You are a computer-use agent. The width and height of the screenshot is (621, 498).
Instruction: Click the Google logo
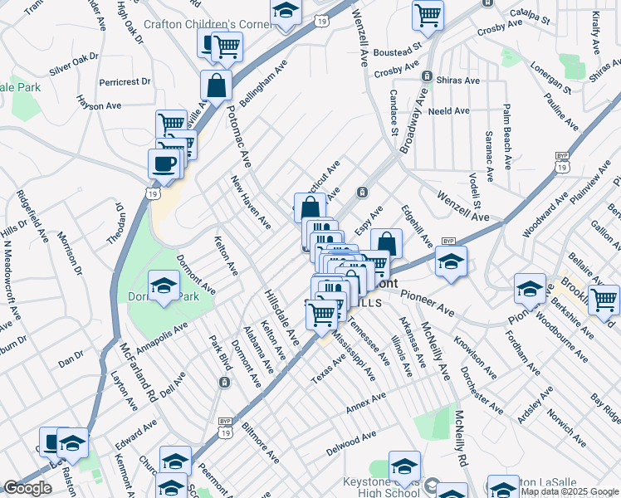point(27,488)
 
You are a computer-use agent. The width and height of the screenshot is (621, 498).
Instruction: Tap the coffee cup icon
point(164,162)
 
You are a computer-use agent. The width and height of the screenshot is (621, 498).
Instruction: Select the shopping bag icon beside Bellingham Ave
point(216,84)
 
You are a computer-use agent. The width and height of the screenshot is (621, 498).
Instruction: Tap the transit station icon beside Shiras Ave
point(427,76)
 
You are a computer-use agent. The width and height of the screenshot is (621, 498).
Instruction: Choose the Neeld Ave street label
point(450,110)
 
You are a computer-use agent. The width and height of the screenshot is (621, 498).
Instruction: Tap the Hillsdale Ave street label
point(282,317)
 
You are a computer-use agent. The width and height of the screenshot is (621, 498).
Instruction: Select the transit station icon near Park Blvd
point(224,382)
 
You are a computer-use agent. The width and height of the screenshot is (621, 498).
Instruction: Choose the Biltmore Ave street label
point(260,443)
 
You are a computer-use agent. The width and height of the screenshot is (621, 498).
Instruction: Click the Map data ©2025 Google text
point(569,491)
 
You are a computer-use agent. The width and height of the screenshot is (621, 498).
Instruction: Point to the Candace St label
point(394,112)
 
